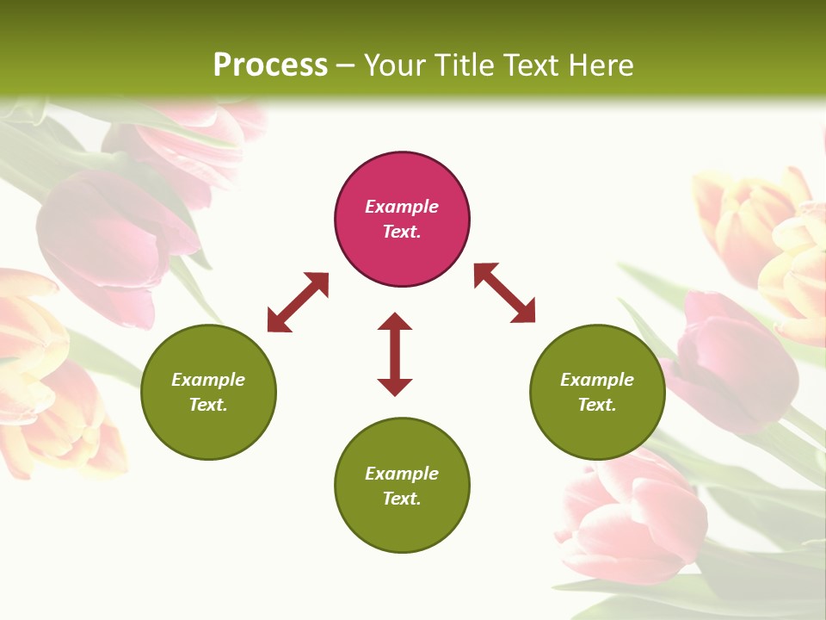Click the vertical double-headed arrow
coord(395,354)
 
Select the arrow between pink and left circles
coord(298,301)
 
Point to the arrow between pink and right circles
coord(504,293)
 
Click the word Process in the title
coord(270,65)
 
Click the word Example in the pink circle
coord(402,207)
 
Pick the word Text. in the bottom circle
coord(402,499)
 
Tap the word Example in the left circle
coord(208,380)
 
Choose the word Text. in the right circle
coord(597,405)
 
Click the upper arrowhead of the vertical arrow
coord(395,322)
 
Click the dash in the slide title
coord(346,65)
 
